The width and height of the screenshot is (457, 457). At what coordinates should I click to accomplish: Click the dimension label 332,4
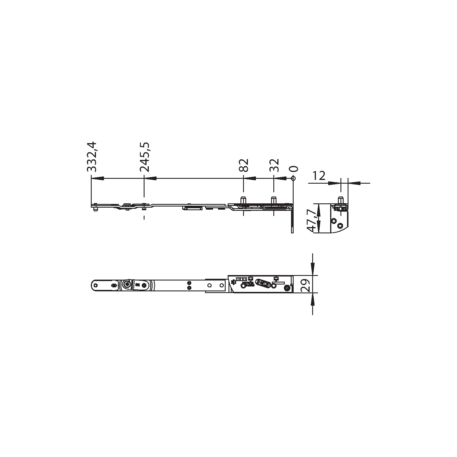(x=92, y=157)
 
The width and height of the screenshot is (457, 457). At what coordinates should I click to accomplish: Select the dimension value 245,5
(x=145, y=157)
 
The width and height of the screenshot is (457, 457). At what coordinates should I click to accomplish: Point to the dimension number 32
(x=274, y=165)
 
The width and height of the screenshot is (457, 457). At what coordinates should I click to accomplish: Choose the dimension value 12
(x=318, y=176)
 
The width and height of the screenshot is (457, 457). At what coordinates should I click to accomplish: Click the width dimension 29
(x=305, y=285)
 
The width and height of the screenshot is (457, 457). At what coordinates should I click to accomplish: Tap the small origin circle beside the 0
(x=292, y=178)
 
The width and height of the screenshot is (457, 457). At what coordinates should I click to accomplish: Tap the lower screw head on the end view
(x=340, y=226)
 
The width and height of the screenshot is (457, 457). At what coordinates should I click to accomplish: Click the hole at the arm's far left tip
(x=96, y=285)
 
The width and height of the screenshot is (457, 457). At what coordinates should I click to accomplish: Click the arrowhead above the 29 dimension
(x=313, y=269)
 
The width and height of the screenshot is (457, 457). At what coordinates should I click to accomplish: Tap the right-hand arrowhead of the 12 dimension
(x=354, y=183)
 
